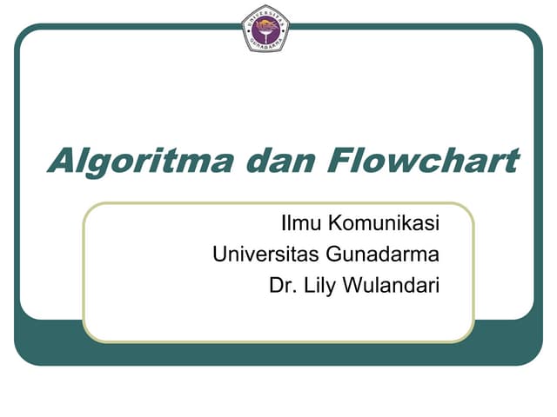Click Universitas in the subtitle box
point(265,255)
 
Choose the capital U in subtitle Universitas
point(219,255)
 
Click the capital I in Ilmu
point(284,224)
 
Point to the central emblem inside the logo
point(265,26)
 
